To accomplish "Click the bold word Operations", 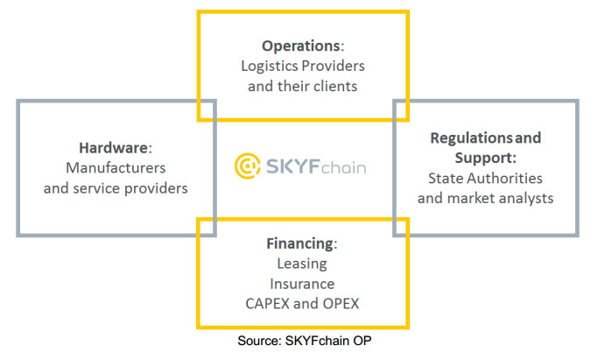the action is tap(300, 46).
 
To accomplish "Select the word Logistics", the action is tap(265, 67).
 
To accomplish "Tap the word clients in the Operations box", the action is tap(335, 86).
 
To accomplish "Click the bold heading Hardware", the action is tap(113, 148).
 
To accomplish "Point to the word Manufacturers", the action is tap(116, 168).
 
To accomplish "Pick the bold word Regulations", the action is tap(471, 138).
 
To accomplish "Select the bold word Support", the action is tap(483, 158).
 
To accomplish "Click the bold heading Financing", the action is tap(299, 244).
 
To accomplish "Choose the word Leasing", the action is tap(302, 264).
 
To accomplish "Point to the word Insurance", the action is tap(302, 284).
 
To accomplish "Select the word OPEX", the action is tap(341, 304).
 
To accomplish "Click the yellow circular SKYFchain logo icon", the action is tap(248, 166).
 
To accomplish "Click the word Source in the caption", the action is tap(259, 341).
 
